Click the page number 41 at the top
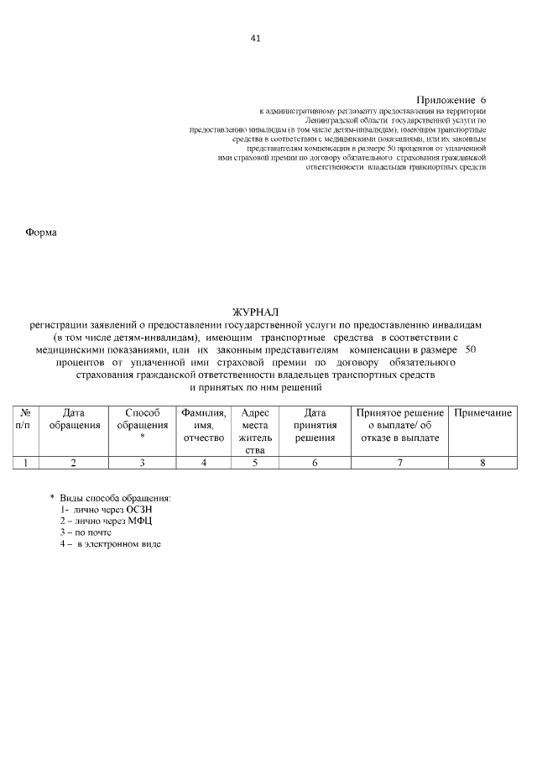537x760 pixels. (256, 38)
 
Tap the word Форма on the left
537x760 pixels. (41, 233)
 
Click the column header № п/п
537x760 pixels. (25, 419)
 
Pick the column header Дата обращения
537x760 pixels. (74, 419)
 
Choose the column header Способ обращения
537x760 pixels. (142, 419)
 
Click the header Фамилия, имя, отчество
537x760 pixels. (203, 425)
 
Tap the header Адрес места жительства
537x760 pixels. (254, 431)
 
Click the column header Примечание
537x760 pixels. (482, 413)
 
